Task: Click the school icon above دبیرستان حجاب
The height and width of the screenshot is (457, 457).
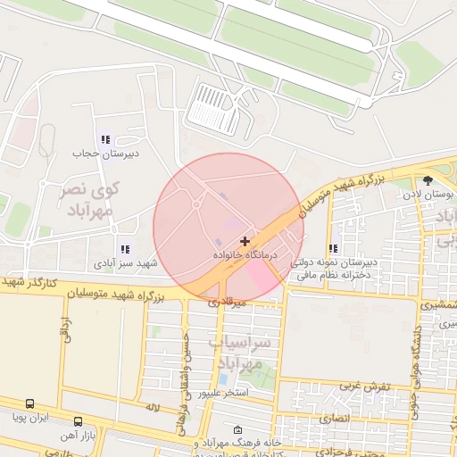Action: [105, 139]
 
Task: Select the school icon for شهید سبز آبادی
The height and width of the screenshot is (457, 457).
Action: [124, 250]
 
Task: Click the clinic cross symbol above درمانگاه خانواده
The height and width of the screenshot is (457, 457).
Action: [245, 241]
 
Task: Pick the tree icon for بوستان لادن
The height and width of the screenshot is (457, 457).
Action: [440, 179]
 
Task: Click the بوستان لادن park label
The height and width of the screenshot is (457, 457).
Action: [428, 193]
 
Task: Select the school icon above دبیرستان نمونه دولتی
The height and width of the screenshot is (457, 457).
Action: [333, 249]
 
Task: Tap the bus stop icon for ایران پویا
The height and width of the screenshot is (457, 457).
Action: [31, 404]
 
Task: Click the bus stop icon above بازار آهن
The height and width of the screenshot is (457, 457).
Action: [79, 420]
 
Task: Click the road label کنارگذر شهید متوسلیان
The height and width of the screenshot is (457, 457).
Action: [30, 283]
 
